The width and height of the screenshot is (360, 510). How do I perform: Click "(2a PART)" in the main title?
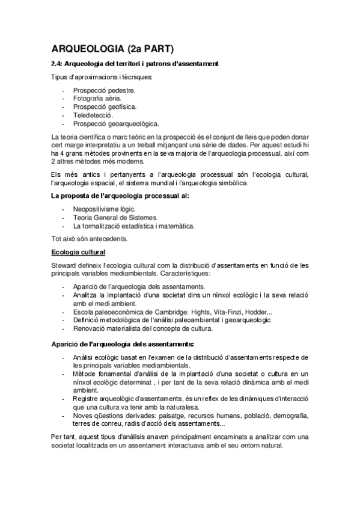[x=151, y=49]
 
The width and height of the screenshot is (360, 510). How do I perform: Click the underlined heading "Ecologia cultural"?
[x=78, y=251]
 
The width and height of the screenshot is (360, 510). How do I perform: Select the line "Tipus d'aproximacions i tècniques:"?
[x=102, y=77]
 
